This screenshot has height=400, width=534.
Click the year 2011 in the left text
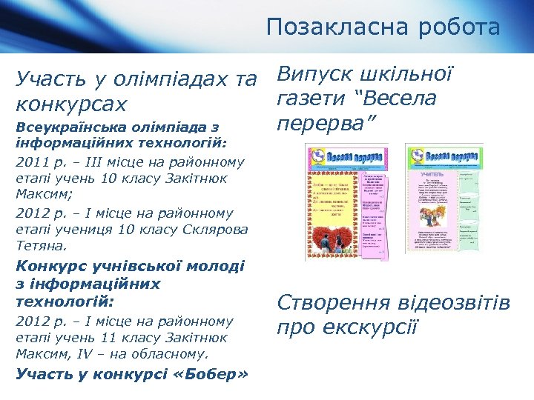pyautogui.click(x=30, y=161)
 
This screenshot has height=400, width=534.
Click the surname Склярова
pyautogui.click(x=214, y=229)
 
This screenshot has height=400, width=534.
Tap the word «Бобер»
pyautogui.click(x=213, y=373)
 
